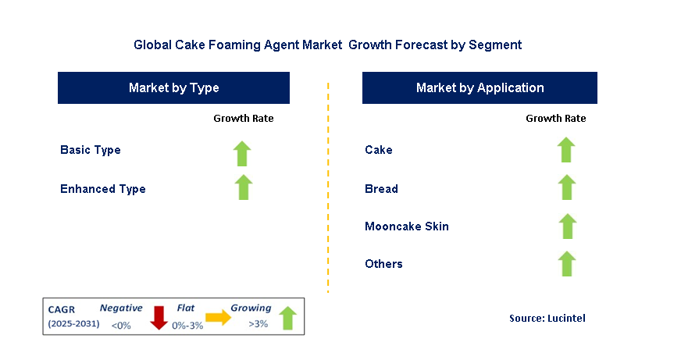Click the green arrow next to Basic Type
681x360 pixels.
(x=242, y=154)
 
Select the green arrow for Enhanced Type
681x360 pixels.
(x=244, y=187)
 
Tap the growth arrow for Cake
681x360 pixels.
(x=566, y=150)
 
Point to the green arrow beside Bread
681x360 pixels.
(x=567, y=187)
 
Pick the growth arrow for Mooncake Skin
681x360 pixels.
(x=567, y=226)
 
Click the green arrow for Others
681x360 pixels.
(x=567, y=264)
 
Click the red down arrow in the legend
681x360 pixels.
(x=159, y=318)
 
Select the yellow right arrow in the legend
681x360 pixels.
(x=219, y=318)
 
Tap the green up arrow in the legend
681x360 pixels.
(x=287, y=319)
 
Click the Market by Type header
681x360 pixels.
(x=173, y=87)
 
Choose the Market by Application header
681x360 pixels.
(x=480, y=87)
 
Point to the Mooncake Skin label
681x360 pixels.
(x=407, y=226)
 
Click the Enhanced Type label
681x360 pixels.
(x=103, y=189)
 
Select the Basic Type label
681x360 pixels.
(x=91, y=150)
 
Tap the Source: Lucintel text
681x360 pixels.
(x=547, y=319)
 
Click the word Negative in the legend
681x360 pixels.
(x=121, y=308)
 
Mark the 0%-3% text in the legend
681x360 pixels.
(x=187, y=326)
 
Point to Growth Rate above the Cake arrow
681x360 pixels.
(x=556, y=118)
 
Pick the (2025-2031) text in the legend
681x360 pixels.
(x=74, y=324)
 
